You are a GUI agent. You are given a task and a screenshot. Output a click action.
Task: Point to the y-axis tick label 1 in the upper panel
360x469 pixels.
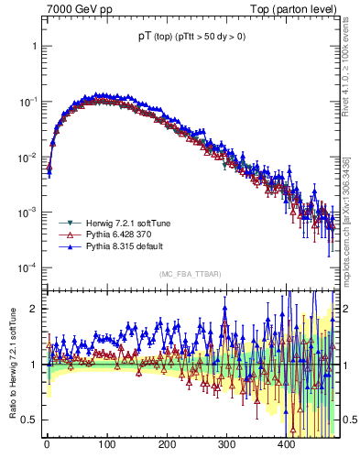click(33, 45)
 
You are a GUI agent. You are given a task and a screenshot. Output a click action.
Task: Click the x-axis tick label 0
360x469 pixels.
click(47, 444)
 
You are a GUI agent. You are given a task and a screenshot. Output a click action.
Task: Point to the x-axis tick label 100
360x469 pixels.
click(106, 444)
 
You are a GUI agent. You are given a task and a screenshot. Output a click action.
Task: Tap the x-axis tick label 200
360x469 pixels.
click(166, 444)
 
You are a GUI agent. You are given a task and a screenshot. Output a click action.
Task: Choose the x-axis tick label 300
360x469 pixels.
click(226, 444)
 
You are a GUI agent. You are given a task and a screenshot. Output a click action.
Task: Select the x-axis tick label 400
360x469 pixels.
click(286, 444)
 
